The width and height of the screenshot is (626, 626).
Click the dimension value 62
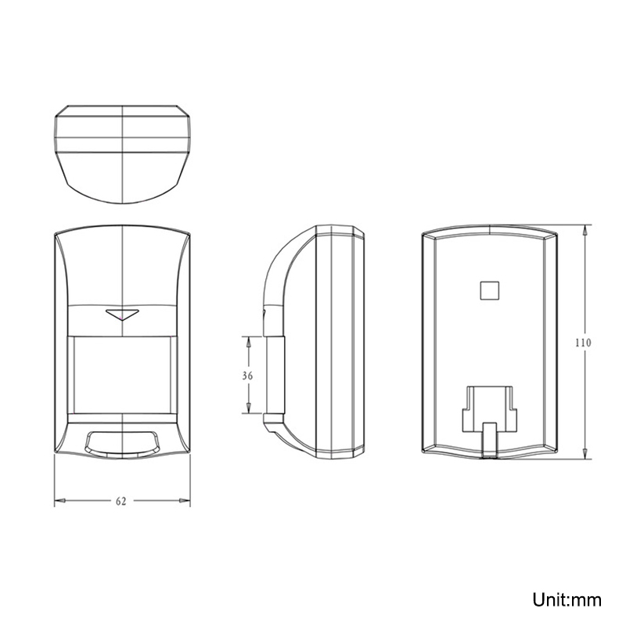click(121, 502)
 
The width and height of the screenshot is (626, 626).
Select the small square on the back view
click(489, 290)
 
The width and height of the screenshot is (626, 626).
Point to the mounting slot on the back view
click(490, 406)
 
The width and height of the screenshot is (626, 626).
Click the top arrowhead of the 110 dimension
click(586, 229)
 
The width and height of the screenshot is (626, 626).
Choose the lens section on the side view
click(276, 376)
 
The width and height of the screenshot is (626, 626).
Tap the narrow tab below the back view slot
click(490, 438)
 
